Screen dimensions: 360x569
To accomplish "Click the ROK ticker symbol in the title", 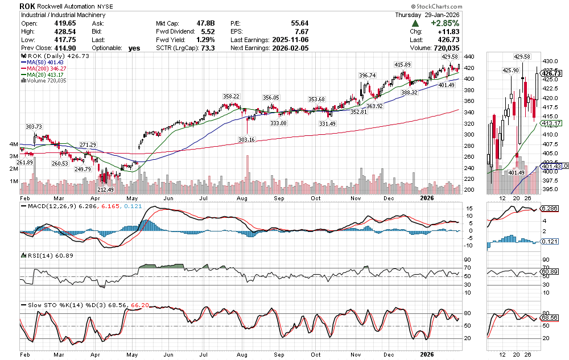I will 27,6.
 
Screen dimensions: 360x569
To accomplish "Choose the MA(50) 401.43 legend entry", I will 44,63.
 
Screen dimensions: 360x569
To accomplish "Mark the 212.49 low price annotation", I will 106,189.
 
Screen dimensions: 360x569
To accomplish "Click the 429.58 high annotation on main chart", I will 450,57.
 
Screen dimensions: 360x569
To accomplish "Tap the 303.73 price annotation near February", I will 34,126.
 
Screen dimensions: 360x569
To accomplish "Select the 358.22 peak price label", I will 231,97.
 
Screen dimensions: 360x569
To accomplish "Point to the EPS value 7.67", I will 301,32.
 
